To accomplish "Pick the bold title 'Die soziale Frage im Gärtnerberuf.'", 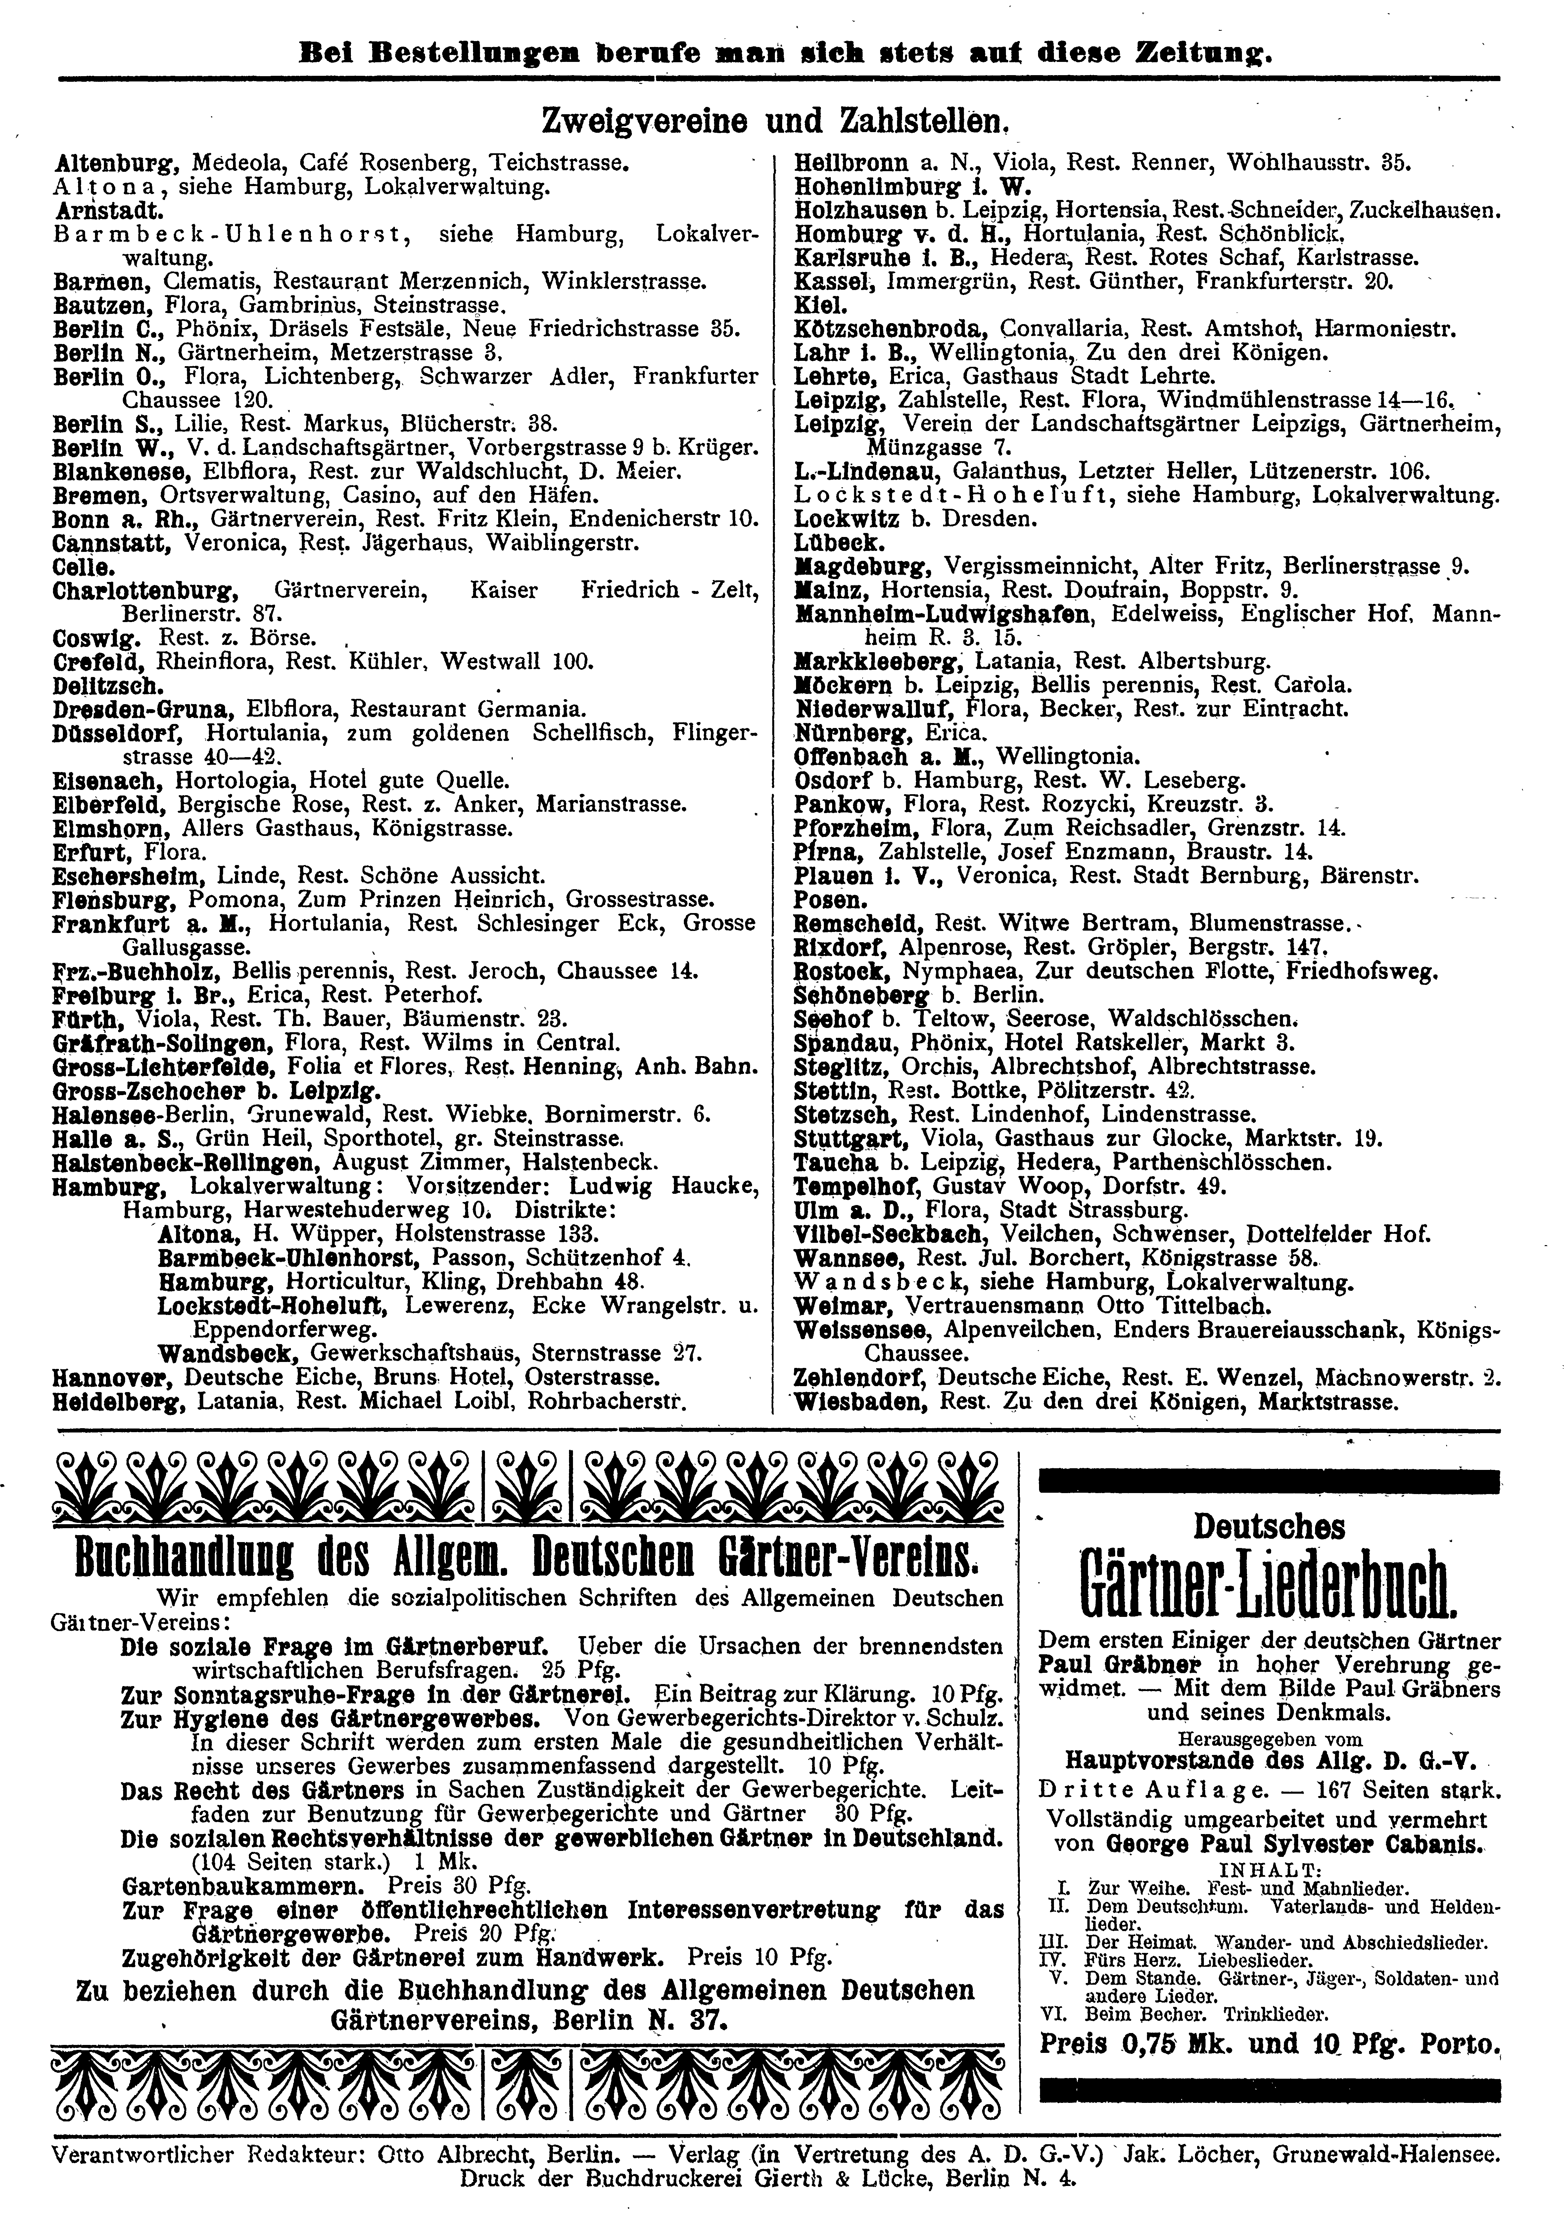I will (x=335, y=1647).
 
